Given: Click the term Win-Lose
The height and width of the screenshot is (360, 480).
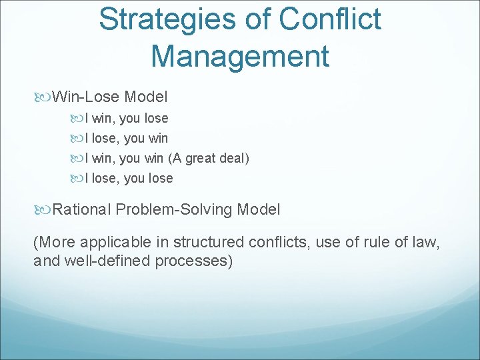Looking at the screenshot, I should tap(86, 97).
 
